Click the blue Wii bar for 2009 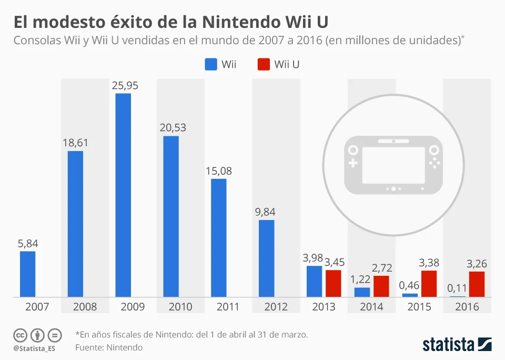(123, 195)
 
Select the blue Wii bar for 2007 (28, 274)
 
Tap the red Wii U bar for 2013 (333, 284)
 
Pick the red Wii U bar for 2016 (477, 284)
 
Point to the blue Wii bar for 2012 (267, 258)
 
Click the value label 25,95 (125, 85)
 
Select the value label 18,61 (75, 143)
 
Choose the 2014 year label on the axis (371, 307)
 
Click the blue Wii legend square (210, 64)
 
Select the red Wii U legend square (263, 64)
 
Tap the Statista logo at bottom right (457, 345)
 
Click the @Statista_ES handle (34, 348)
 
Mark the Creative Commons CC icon (20, 335)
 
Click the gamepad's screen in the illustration (393, 165)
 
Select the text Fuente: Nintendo (108, 347)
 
